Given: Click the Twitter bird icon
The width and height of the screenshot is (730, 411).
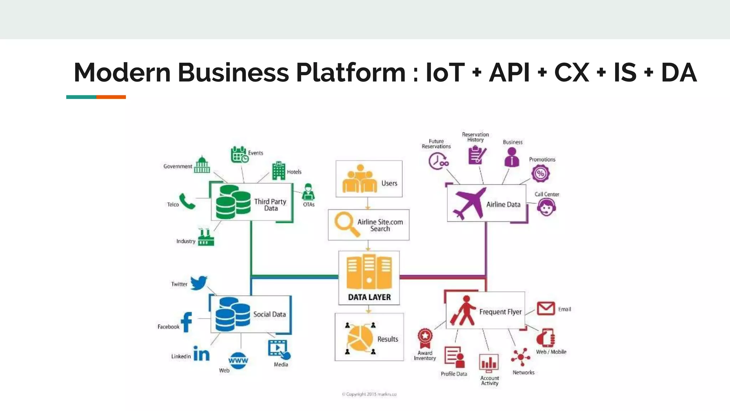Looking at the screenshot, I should pyautogui.click(x=199, y=283).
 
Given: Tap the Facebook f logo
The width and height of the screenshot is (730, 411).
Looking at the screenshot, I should pyautogui.click(x=186, y=322).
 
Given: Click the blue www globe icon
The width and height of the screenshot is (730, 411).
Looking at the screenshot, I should pyautogui.click(x=238, y=360).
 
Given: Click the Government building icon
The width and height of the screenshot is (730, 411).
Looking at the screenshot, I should pyautogui.click(x=202, y=164).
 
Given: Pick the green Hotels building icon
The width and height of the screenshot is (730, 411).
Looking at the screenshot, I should pyautogui.click(x=279, y=171).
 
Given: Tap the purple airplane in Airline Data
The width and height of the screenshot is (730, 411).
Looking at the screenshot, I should pyautogui.click(x=469, y=203).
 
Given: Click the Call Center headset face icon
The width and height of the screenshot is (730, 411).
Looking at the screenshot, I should pyautogui.click(x=546, y=207).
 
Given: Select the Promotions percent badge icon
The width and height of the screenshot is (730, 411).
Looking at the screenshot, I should pyautogui.click(x=540, y=173).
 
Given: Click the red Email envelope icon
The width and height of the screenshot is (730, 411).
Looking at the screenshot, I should pyautogui.click(x=546, y=308).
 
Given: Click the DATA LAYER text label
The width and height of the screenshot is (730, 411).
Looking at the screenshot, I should pyautogui.click(x=369, y=297).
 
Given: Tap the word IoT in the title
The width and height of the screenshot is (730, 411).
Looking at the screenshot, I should pyautogui.click(x=445, y=72).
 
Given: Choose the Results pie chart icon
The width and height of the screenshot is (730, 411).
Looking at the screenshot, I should pyautogui.click(x=360, y=338).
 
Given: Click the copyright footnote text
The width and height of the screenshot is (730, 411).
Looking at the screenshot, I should pyautogui.click(x=369, y=394).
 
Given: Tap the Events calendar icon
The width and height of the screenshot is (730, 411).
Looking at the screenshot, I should pyautogui.click(x=239, y=154).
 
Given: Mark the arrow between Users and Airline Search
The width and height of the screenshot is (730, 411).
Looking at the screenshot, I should pyautogui.click(x=368, y=203).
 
